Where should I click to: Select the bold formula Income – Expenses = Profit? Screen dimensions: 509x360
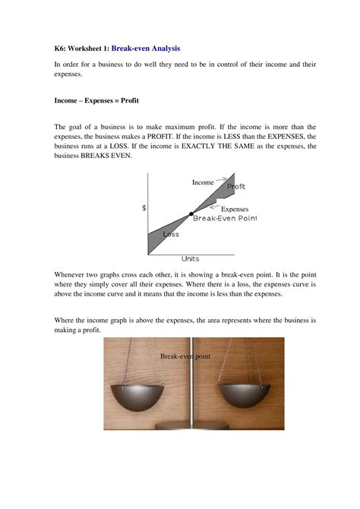96,100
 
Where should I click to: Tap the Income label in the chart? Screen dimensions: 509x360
202,182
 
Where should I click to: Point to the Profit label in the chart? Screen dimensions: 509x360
236,186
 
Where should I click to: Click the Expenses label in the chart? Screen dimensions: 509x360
235,208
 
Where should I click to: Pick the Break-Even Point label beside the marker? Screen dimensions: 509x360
225,218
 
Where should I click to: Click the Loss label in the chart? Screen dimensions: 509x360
171,234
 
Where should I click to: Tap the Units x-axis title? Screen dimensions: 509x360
191,258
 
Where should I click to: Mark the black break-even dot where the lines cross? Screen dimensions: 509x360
191,214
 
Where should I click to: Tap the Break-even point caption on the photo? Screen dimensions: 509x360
185,356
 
